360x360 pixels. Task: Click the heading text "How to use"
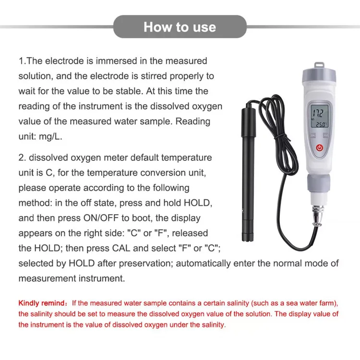(180, 27)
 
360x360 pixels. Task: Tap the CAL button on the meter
(312, 136)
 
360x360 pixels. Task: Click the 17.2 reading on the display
(317, 114)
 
